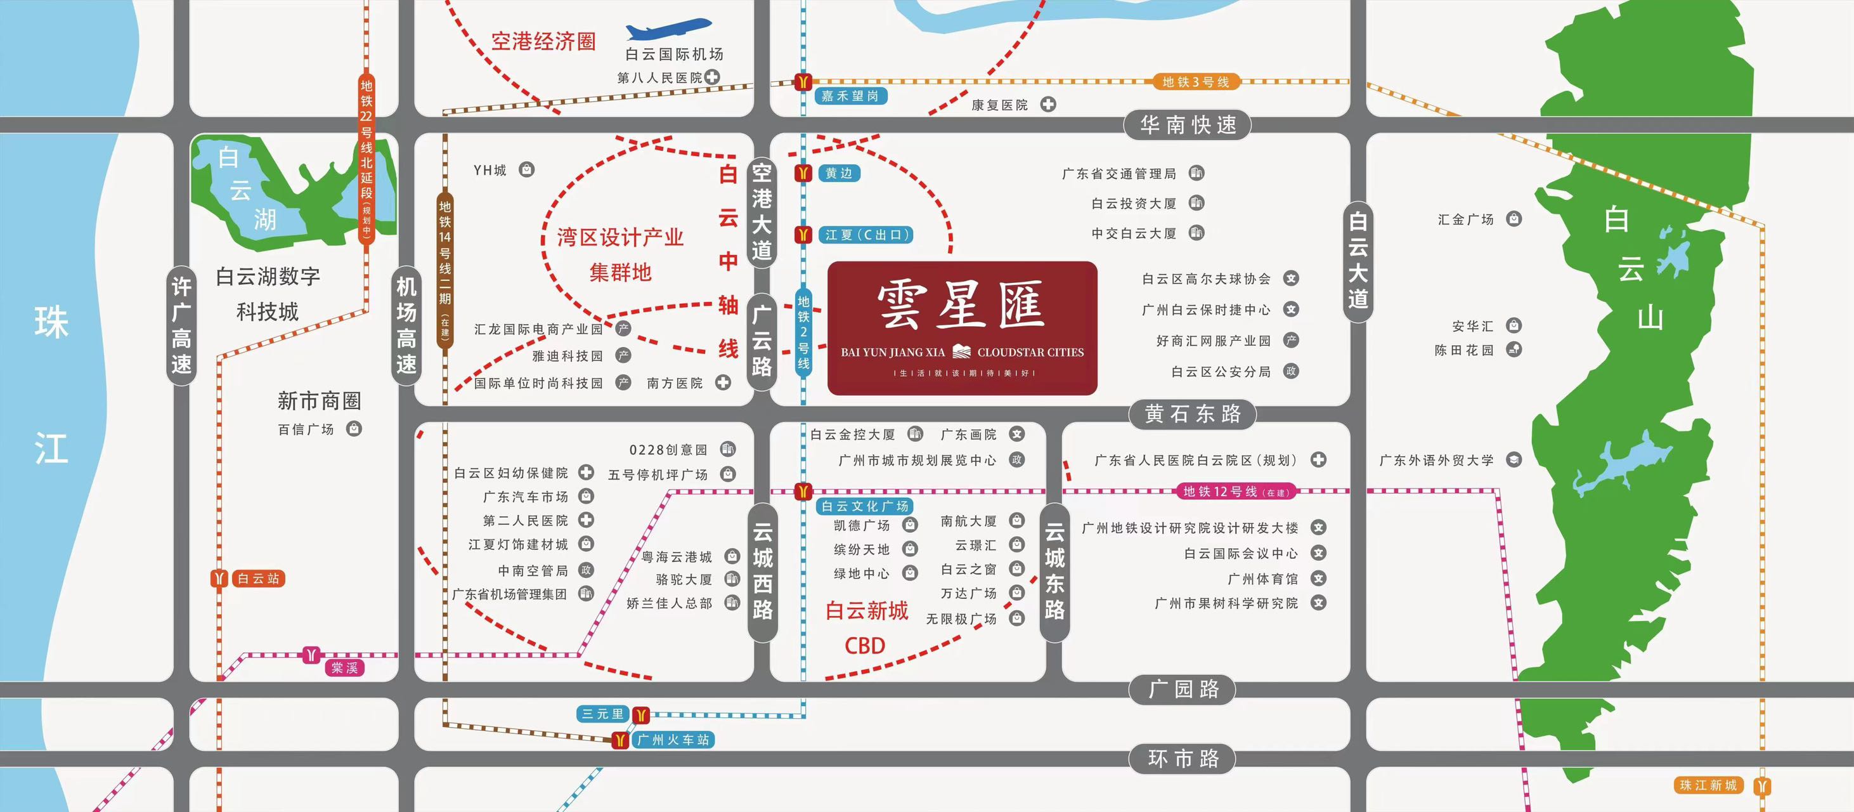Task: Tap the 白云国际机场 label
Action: [x=675, y=55]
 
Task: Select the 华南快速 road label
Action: [x=1188, y=125]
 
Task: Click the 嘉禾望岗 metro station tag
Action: [x=850, y=96]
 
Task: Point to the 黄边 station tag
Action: [x=838, y=173]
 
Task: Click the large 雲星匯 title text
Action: [x=961, y=306]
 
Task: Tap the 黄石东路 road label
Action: [x=1193, y=414]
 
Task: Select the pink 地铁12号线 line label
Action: [x=1236, y=492]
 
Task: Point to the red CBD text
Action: [x=864, y=646]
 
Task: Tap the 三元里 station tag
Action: [x=602, y=714]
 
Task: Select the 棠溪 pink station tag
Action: [x=344, y=668]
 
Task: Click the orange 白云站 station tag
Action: [x=257, y=579]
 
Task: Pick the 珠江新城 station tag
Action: [x=1708, y=785]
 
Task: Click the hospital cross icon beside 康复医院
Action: [x=1049, y=105]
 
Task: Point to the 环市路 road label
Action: [x=1183, y=759]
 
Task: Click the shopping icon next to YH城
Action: [x=527, y=171]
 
